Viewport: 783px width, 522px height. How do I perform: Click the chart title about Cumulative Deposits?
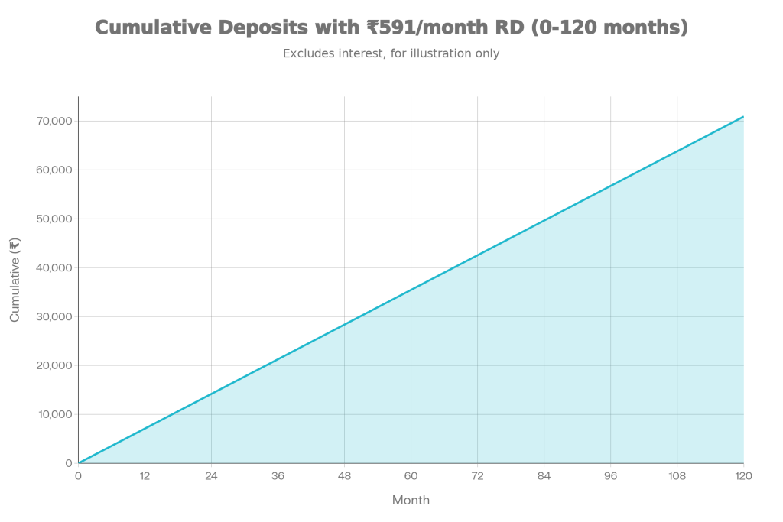click(391, 28)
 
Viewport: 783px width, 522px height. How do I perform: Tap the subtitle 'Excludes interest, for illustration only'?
click(391, 54)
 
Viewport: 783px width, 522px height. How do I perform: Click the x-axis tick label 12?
click(145, 476)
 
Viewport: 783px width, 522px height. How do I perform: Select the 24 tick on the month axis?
click(211, 476)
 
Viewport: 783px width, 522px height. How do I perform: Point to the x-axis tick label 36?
click(278, 476)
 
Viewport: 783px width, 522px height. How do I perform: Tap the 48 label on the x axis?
click(344, 476)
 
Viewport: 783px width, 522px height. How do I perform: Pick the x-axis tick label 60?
click(411, 476)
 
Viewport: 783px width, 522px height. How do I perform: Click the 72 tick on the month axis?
click(477, 476)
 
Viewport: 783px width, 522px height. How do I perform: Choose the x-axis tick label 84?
click(544, 476)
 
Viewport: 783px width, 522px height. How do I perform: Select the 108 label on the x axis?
click(677, 476)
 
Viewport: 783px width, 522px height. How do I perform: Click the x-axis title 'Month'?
click(411, 501)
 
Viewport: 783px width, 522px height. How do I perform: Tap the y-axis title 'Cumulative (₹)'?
click(15, 279)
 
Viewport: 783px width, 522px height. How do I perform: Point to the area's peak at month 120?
click(743, 116)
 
